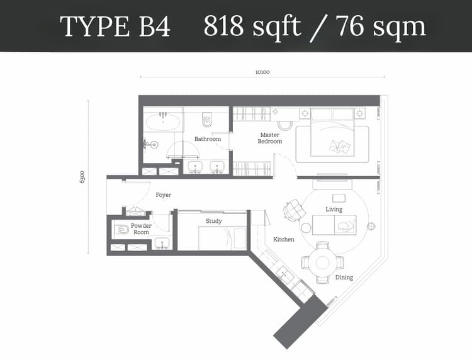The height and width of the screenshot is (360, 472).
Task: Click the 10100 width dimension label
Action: tap(262, 72)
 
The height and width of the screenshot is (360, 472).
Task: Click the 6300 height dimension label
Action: tap(82, 177)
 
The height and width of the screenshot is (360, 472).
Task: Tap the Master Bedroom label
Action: tap(270, 138)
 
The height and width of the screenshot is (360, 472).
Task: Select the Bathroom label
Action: tap(208, 139)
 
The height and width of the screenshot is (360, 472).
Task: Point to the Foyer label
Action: tap(164, 195)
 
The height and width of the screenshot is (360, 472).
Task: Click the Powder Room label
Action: tap(141, 228)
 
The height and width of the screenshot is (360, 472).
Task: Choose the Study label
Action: tap(214, 221)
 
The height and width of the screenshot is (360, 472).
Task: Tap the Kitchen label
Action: tap(284, 239)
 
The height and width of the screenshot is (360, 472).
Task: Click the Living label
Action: tap(334, 209)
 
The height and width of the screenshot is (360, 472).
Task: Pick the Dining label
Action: tap(344, 277)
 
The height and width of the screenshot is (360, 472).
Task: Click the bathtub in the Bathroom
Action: tap(163, 122)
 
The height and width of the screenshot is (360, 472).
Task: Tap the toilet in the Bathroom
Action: tap(207, 120)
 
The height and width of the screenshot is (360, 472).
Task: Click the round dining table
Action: tap(323, 262)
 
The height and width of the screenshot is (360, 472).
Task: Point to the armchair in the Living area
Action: tap(294, 210)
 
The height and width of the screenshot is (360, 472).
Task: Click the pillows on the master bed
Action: tap(340, 146)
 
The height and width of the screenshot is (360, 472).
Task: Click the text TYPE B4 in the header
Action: tap(115, 26)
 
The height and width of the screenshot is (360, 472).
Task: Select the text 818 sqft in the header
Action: tap(252, 26)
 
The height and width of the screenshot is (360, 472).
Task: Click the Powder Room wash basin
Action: tap(162, 243)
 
